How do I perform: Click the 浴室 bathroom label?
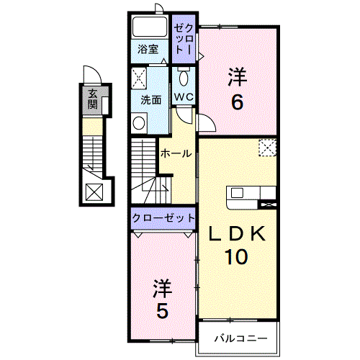coord(148,50)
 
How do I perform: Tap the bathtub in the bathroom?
coord(150,27)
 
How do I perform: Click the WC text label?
coord(184,97)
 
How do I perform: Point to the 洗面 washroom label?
coord(150,100)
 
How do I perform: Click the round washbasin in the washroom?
coord(139,123)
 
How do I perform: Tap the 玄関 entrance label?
coord(92,99)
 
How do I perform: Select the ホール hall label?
coord(176,153)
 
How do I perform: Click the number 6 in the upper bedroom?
coord(237,102)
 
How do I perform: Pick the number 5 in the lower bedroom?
coord(162,310)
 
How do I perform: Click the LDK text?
coord(237,234)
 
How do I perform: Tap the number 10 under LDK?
coord(236,257)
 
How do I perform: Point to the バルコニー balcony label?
coord(240,338)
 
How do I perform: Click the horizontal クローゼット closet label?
coord(163,218)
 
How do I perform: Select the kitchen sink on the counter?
coord(237,193)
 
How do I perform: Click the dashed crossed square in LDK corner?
coord(268,148)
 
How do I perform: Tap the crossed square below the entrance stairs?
coord(94,192)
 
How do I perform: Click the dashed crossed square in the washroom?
coord(139,78)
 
